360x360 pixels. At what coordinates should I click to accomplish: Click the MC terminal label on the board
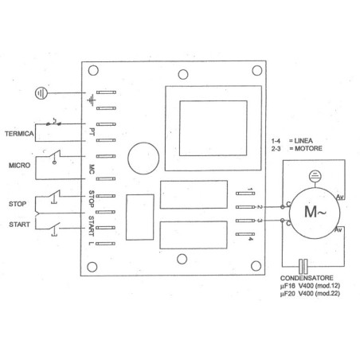[x=93, y=169]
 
